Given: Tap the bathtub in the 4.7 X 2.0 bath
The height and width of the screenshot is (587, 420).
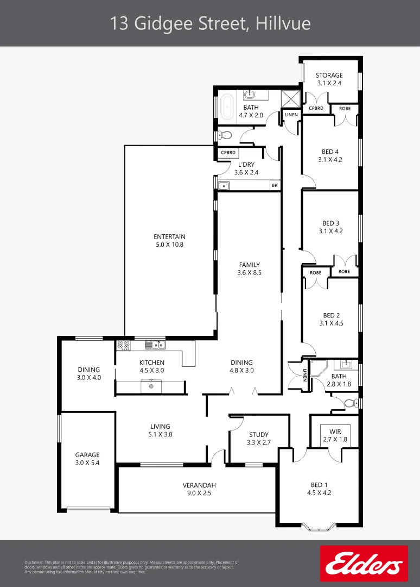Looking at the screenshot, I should point(227,107).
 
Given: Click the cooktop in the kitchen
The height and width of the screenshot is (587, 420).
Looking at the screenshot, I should point(124,345).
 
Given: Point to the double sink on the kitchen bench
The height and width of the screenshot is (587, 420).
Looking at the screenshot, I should point(155,345).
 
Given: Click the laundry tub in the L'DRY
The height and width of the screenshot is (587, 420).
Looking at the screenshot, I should point(224,185).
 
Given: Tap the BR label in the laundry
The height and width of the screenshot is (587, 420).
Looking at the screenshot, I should point(275,185).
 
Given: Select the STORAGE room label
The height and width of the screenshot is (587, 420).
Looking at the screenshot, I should point(329,76).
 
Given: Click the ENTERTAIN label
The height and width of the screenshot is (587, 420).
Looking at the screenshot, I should point(169,236).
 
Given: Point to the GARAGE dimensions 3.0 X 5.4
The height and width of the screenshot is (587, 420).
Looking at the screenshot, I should point(87,463).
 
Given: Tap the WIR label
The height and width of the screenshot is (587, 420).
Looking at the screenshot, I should point(335,431).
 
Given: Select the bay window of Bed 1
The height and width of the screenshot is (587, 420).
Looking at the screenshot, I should point(318,526).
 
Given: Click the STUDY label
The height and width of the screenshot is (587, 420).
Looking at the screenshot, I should point(259,434).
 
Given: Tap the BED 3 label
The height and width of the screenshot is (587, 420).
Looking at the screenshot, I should point(330,223).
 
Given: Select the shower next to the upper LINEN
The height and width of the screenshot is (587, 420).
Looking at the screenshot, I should point(291,99).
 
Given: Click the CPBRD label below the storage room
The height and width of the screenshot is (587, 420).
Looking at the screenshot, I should point(316,108).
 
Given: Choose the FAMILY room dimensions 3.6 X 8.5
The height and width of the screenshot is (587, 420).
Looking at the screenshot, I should point(250,273).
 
